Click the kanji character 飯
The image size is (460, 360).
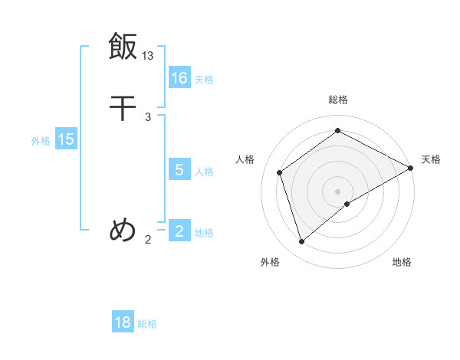(x=123, y=46)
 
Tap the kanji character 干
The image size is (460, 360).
(x=123, y=108)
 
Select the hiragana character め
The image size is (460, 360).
(x=123, y=229)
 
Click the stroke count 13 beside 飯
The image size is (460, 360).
(x=148, y=56)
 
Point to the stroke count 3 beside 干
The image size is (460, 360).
(x=148, y=117)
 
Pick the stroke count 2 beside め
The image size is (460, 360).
(x=148, y=240)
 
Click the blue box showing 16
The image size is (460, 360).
(x=179, y=77)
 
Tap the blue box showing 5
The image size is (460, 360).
(x=179, y=169)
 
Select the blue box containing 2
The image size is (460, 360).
(x=179, y=231)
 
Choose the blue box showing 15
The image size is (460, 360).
(x=66, y=139)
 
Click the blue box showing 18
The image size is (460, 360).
(x=123, y=322)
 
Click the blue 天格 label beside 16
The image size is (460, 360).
(x=204, y=79)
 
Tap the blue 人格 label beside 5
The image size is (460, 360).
(x=204, y=171)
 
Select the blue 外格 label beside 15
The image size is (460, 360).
(x=41, y=141)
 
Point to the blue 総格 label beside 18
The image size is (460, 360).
(x=147, y=324)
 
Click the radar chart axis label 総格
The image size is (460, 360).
(x=338, y=100)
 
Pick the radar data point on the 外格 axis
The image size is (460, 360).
(x=301, y=242)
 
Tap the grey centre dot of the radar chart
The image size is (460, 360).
(x=338, y=191)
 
